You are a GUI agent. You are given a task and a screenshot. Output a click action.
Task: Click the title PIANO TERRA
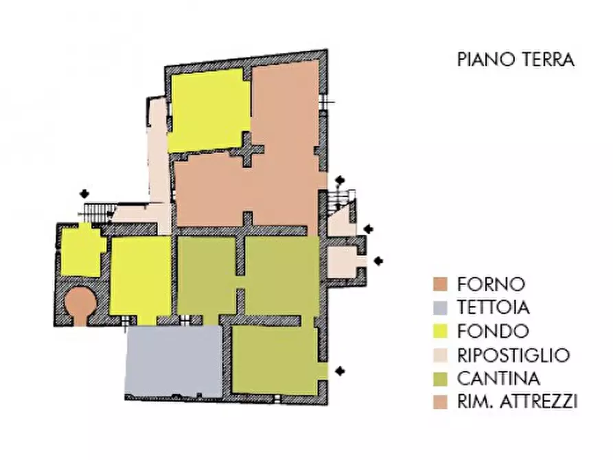pos(516,60)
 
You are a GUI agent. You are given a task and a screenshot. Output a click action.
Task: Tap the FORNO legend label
pos(491,284)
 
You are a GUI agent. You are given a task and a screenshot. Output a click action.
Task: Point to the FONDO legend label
pos(492,332)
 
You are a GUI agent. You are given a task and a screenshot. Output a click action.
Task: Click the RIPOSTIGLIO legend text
pos(513,355)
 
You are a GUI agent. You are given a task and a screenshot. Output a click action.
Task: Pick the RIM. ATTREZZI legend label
pos(516,402)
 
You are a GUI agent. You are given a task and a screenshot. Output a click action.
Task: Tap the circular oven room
pos(80,301)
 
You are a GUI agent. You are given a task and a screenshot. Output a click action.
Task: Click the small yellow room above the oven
pos(82,251)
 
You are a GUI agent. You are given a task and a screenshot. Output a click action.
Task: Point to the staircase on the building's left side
pos(97,212)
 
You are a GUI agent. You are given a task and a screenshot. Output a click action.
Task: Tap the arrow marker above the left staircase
pos(84,193)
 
